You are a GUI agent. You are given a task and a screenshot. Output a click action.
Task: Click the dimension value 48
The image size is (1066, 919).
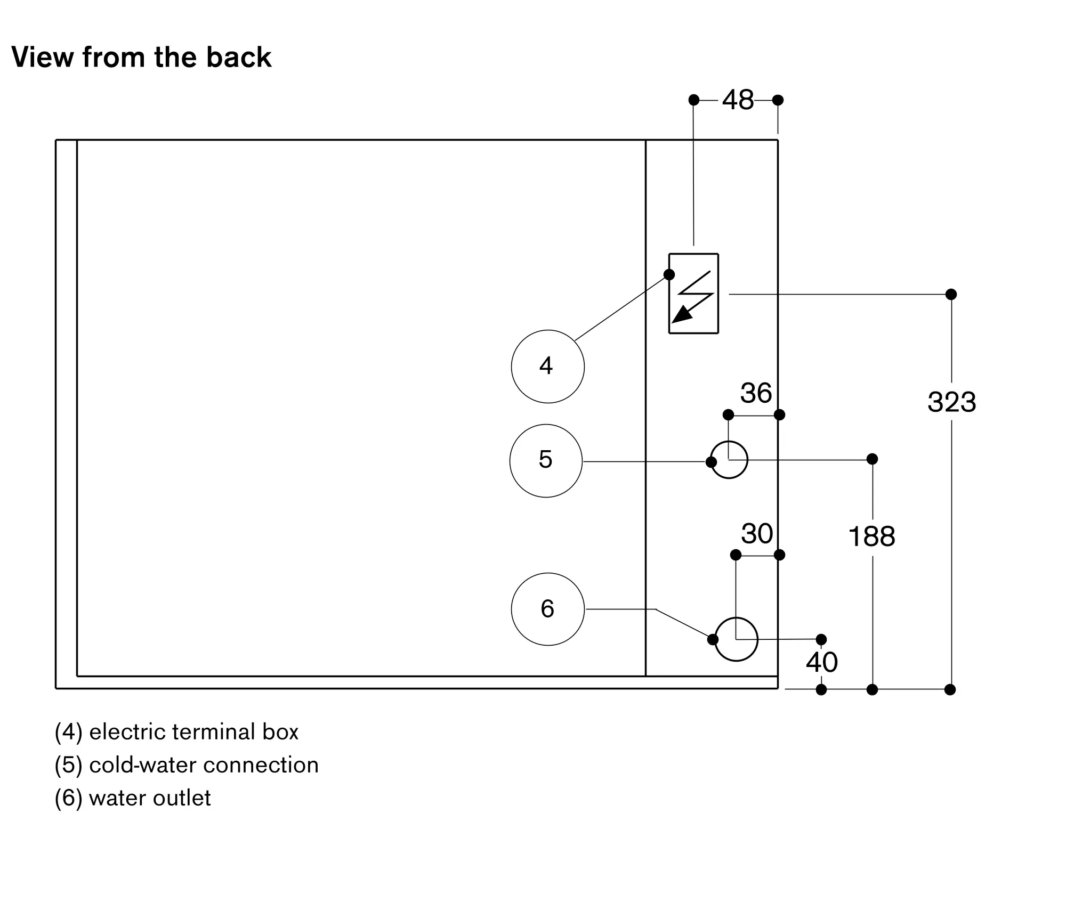[x=738, y=100]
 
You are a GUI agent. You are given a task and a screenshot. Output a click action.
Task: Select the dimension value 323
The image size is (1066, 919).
[x=952, y=402]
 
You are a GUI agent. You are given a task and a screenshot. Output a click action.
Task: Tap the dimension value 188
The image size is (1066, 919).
[x=872, y=536]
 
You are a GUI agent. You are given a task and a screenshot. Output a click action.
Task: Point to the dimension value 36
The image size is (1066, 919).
[x=756, y=393]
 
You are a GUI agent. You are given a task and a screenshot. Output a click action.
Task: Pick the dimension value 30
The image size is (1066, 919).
[x=757, y=533]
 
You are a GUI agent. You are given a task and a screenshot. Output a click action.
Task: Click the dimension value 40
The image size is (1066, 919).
[x=822, y=662]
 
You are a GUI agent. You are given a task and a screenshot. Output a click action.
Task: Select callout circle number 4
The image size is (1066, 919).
[x=547, y=367]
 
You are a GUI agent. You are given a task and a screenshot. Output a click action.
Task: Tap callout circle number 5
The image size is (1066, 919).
[x=546, y=460]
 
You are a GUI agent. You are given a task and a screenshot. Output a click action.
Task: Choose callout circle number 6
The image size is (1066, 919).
[x=547, y=609]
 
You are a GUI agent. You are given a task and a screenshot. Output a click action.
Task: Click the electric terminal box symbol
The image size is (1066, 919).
[x=693, y=294]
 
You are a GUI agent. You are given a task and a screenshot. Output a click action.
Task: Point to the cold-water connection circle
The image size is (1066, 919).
[x=729, y=460]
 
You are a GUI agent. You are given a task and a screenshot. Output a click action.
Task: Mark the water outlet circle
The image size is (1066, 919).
[x=736, y=639]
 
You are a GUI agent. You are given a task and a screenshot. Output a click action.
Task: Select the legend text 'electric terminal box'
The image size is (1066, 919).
[x=193, y=732]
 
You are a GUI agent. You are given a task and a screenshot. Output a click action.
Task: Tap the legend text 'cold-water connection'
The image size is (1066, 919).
[x=204, y=765]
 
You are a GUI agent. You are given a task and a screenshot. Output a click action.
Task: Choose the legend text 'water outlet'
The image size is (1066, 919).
[x=150, y=798]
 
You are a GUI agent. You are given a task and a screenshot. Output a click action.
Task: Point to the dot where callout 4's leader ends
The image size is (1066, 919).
[x=669, y=275]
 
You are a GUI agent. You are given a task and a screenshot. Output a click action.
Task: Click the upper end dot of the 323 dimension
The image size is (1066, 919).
[x=951, y=294]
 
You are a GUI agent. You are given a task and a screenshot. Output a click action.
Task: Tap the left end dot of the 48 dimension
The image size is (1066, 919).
[x=693, y=100]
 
